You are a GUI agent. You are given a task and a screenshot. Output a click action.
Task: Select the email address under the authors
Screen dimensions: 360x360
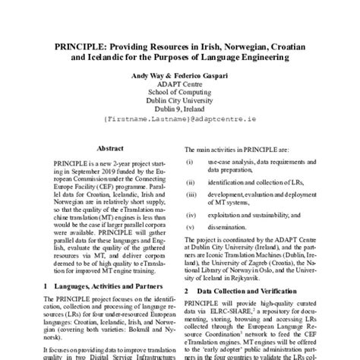(x=179, y=120)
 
